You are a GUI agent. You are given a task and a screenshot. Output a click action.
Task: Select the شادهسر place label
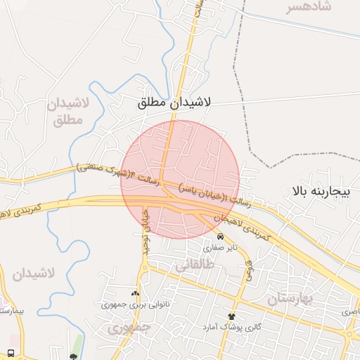pyautogui.click(x=308, y=9)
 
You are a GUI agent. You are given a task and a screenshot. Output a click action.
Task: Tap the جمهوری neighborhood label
pyautogui.click(x=130, y=328)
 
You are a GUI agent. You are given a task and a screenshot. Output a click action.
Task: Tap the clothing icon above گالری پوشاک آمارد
pyautogui.click(x=232, y=316)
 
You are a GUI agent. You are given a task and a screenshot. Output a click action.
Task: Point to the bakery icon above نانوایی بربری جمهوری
pyautogui.click(x=135, y=293)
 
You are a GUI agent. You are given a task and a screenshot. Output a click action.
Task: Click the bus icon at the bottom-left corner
pyautogui.click(x=11, y=352)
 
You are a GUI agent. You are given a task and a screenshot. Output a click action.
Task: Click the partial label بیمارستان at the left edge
pyautogui.click(x=11, y=310)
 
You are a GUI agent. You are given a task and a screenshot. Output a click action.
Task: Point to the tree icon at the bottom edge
pyautogui.click(x=73, y=351)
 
